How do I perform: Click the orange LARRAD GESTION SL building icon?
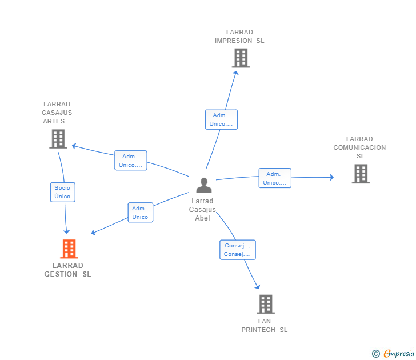[69, 249]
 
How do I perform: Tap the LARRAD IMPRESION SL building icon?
[241, 58]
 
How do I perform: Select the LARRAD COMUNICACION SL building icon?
[361, 174]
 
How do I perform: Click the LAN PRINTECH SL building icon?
[265, 305]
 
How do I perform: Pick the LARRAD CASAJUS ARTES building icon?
[58, 139]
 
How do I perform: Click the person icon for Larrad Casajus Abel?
[203, 186]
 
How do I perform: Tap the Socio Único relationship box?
[62, 192]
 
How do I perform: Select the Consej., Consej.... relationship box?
[237, 250]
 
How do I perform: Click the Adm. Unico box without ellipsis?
[140, 213]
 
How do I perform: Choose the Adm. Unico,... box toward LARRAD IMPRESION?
[221, 119]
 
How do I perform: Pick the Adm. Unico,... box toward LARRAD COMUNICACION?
[275, 178]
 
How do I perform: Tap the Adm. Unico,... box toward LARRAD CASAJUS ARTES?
[131, 161]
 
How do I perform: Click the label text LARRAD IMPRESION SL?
[239, 37]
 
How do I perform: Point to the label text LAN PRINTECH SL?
[264, 325]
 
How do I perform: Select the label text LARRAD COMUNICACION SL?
[359, 147]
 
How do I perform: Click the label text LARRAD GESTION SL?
[67, 270]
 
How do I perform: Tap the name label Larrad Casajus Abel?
[202, 209]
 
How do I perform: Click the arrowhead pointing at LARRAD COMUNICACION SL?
[331, 177]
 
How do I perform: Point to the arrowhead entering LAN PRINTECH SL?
[257, 286]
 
